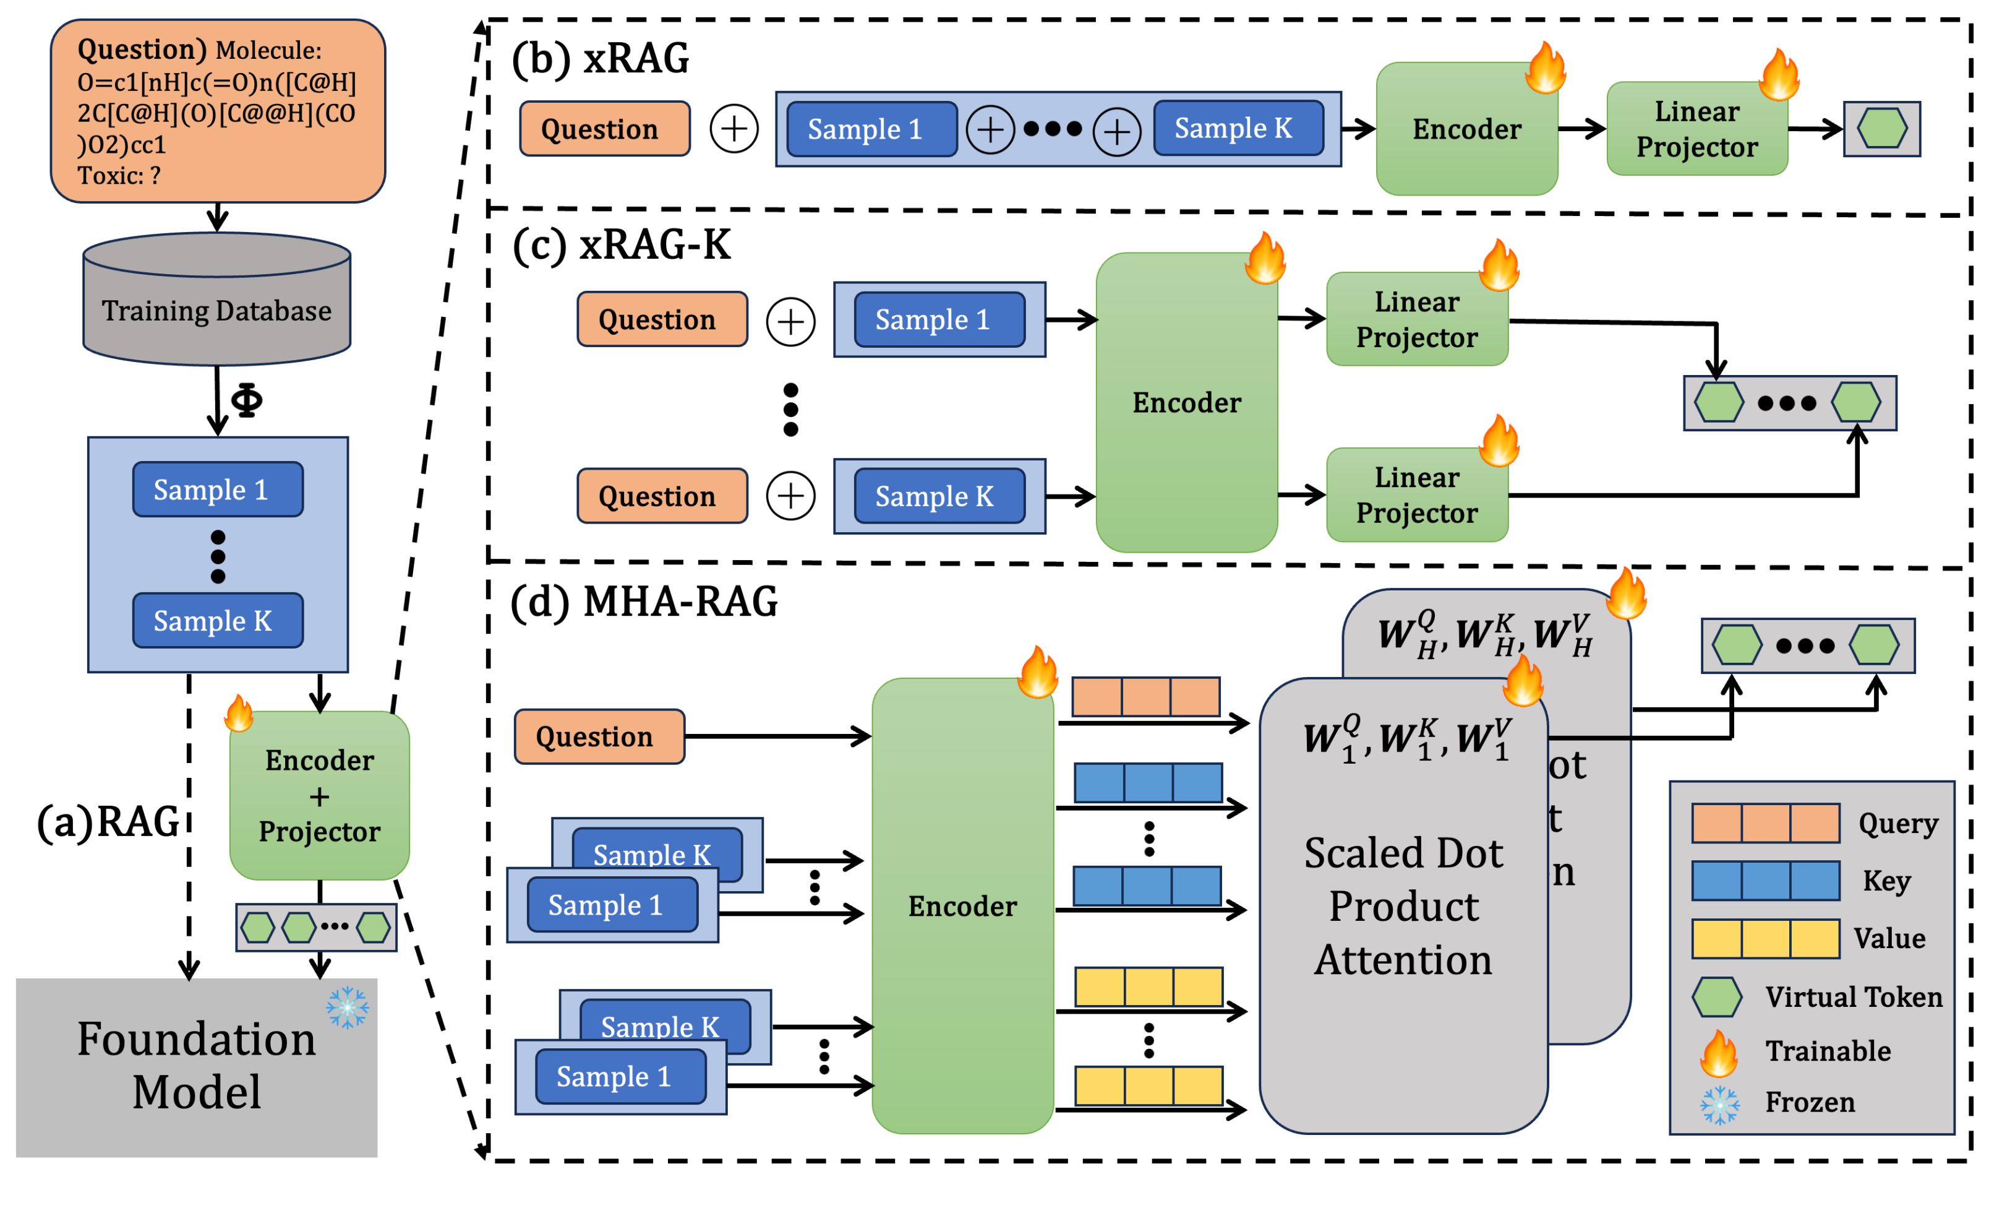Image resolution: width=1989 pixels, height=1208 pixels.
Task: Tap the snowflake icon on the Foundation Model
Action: (x=348, y=1007)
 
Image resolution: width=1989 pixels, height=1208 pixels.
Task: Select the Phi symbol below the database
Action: (x=246, y=400)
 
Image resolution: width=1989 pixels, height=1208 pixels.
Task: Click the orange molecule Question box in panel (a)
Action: (x=217, y=111)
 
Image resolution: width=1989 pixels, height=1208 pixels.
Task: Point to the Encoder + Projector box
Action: (x=320, y=795)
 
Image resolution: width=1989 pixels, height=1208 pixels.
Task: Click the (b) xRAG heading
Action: (x=601, y=58)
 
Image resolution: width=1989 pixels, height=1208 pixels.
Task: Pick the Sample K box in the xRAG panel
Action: (x=1238, y=128)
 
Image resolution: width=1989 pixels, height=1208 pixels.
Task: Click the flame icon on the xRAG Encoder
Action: (x=1545, y=69)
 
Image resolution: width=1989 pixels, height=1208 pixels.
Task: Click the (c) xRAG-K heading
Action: (x=622, y=244)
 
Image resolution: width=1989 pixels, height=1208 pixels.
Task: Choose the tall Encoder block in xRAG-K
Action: (x=1187, y=402)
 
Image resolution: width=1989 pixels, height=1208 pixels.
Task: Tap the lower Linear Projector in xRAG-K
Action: (x=1418, y=495)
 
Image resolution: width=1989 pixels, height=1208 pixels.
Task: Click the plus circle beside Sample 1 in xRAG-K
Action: (x=790, y=321)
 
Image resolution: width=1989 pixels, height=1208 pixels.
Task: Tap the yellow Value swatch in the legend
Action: (x=1765, y=938)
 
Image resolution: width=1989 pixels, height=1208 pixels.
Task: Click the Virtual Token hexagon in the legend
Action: (x=1716, y=997)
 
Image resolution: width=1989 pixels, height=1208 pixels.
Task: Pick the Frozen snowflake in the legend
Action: (x=1719, y=1105)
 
